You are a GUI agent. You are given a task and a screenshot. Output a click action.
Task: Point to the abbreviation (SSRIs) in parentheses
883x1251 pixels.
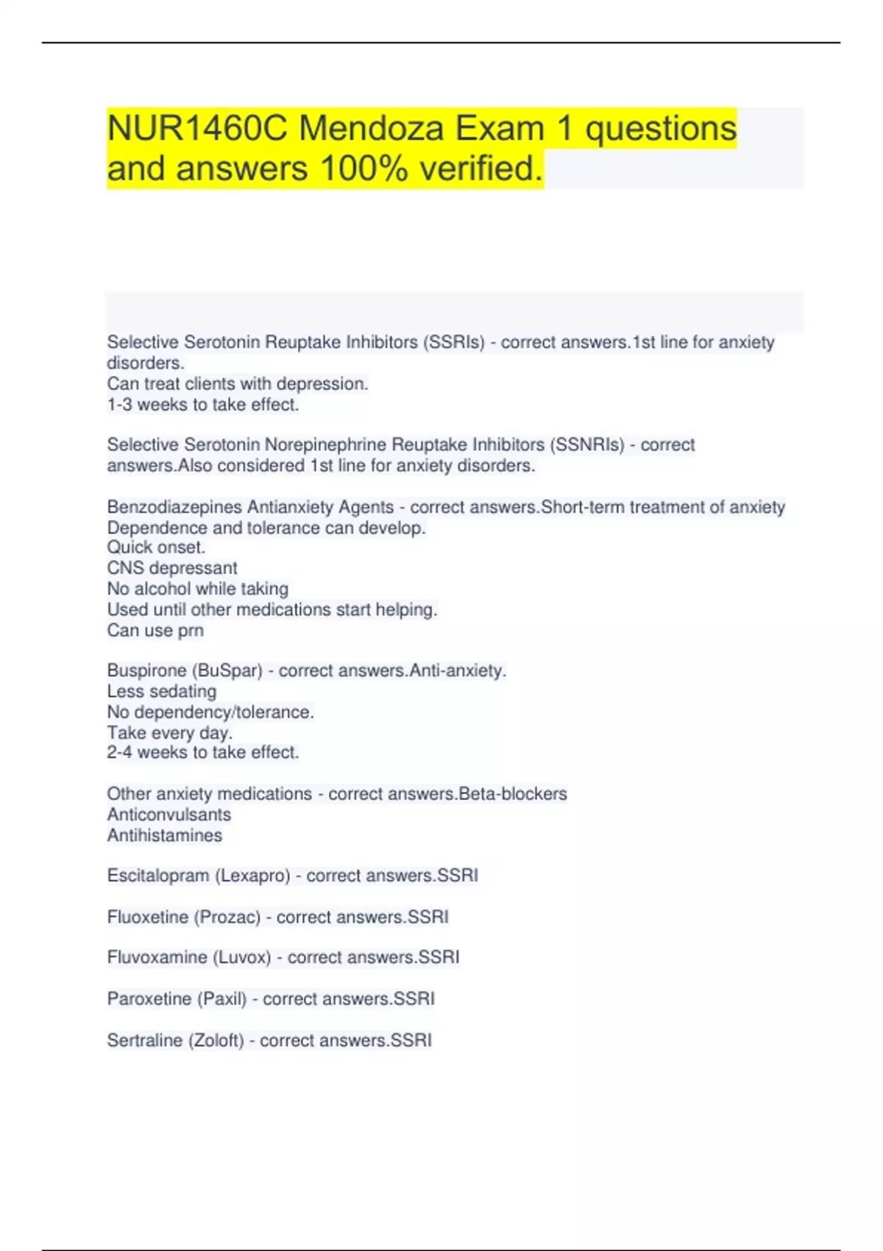tap(453, 342)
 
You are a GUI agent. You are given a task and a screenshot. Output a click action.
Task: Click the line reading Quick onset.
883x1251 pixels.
tap(156, 547)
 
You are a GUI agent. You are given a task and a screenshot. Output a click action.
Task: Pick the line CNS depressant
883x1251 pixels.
tap(172, 568)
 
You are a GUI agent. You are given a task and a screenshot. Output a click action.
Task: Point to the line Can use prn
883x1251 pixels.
tap(155, 631)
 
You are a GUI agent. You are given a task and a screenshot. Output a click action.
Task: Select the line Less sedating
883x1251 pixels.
tap(162, 692)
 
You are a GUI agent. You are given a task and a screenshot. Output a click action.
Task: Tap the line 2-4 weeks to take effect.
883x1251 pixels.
tap(203, 753)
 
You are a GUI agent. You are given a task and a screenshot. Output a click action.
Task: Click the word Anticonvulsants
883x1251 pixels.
tap(169, 815)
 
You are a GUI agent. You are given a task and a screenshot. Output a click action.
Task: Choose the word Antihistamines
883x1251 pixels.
tap(165, 835)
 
